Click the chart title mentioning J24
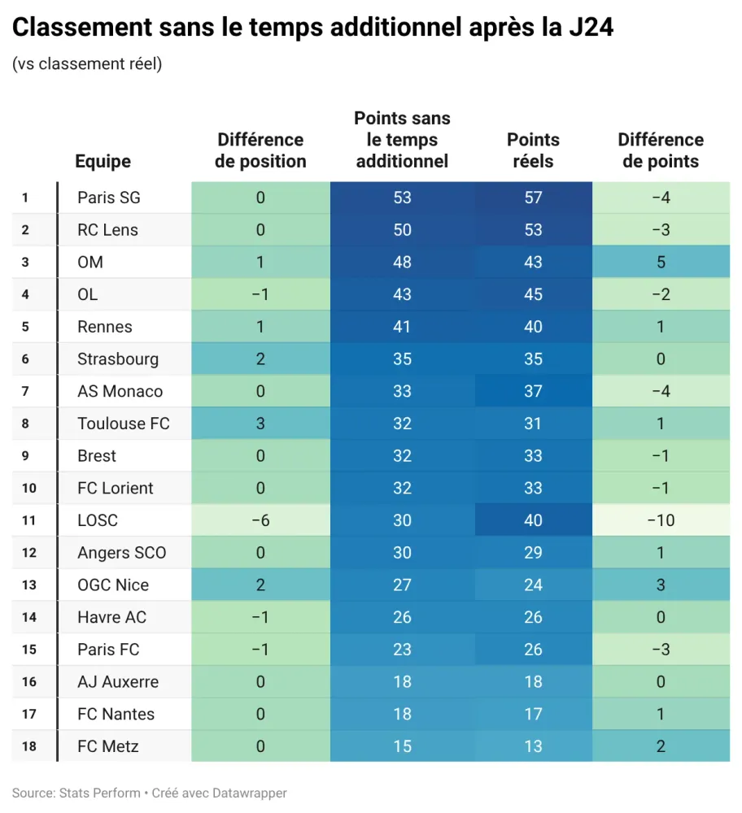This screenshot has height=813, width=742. click(312, 28)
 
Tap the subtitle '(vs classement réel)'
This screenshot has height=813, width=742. click(87, 64)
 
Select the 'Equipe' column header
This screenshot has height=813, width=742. click(103, 161)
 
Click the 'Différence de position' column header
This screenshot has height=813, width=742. click(260, 150)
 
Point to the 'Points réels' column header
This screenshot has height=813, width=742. click(533, 150)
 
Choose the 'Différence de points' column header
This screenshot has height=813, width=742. click(661, 150)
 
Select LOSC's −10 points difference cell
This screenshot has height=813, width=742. click(661, 520)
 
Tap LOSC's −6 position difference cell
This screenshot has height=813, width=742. click(260, 520)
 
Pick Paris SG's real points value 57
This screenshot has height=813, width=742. click(533, 198)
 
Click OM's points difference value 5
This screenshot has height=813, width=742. click(661, 262)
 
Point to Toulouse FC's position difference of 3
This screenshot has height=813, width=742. click(260, 424)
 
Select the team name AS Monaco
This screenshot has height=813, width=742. click(120, 391)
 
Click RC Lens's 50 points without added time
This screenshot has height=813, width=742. click(402, 230)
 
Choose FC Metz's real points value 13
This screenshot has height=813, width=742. click(533, 746)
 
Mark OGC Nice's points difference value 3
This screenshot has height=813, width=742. click(661, 585)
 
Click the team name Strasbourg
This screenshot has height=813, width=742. click(118, 359)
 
